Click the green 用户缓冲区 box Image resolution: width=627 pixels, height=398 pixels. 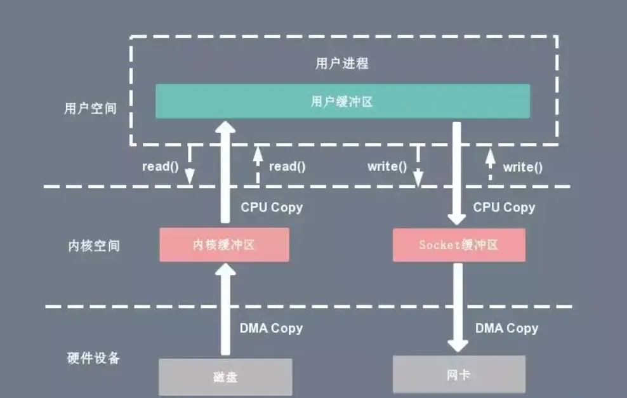click(x=343, y=101)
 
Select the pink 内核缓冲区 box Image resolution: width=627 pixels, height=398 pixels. click(x=224, y=245)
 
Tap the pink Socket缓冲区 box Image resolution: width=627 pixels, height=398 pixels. click(x=459, y=245)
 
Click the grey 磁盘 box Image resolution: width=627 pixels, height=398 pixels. click(x=225, y=377)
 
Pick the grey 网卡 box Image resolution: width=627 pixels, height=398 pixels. click(x=459, y=375)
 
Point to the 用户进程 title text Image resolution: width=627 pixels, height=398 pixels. click(x=342, y=63)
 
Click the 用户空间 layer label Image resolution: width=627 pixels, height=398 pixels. click(x=90, y=109)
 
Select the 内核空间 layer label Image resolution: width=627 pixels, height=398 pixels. click(x=94, y=246)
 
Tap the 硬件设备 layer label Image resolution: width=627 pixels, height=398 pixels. click(x=93, y=358)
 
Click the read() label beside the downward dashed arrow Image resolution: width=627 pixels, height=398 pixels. click(x=161, y=166)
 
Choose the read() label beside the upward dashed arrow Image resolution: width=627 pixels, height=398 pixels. click(x=287, y=166)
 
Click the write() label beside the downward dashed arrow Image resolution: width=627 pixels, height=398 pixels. click(x=387, y=166)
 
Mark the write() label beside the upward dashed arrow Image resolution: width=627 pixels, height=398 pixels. click(x=523, y=167)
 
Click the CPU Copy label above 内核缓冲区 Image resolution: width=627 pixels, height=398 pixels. click(x=272, y=207)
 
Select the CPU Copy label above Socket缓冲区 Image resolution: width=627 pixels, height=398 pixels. click(x=505, y=207)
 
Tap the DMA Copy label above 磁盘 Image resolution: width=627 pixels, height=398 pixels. click(x=271, y=328)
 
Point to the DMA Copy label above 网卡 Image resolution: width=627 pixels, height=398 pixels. click(x=506, y=328)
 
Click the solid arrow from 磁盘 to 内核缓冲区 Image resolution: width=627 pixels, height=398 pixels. click(x=225, y=309)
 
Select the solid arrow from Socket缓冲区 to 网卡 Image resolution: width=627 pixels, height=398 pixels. click(x=458, y=308)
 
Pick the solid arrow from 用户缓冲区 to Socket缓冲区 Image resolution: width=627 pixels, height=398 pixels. click(x=457, y=173)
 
